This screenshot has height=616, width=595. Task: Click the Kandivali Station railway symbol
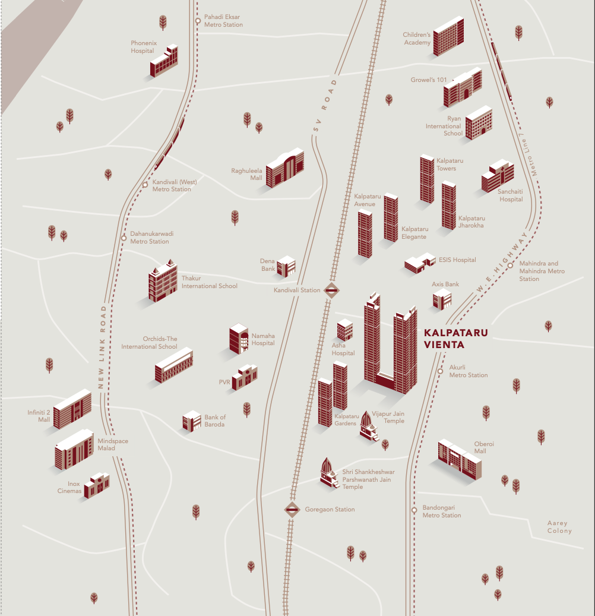(331, 290)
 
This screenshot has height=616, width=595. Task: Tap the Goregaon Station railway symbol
(292, 509)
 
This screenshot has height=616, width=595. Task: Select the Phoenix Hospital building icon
(164, 61)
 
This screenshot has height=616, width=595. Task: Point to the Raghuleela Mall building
(284, 168)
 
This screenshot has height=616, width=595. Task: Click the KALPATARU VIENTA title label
(455, 339)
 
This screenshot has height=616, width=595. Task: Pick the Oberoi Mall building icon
(460, 459)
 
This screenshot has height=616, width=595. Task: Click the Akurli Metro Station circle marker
(441, 371)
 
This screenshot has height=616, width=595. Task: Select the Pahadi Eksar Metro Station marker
(198, 21)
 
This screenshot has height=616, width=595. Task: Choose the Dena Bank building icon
(286, 266)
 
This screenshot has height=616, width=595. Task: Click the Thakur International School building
(163, 281)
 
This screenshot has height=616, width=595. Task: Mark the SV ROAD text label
(325, 109)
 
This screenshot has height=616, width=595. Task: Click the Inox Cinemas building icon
(97, 485)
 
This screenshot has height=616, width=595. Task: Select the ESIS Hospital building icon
(420, 263)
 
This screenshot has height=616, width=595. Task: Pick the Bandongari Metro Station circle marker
(414, 510)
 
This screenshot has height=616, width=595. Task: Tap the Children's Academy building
(448, 37)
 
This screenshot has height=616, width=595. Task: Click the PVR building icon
(244, 378)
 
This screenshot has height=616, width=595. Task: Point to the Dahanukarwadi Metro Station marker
(124, 238)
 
